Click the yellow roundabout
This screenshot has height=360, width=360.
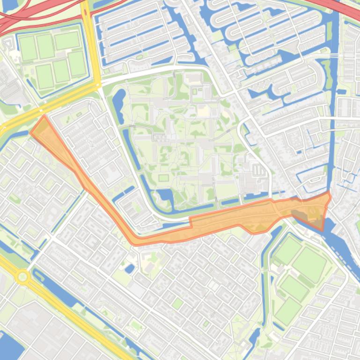(22, 277)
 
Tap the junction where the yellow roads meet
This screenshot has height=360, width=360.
(97, 85)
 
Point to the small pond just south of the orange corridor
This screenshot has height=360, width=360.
(130, 268)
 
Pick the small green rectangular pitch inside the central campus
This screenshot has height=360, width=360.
(163, 178)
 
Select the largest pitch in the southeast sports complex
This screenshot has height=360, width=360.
(309, 264)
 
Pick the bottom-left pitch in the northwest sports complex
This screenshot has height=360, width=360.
(44, 76)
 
